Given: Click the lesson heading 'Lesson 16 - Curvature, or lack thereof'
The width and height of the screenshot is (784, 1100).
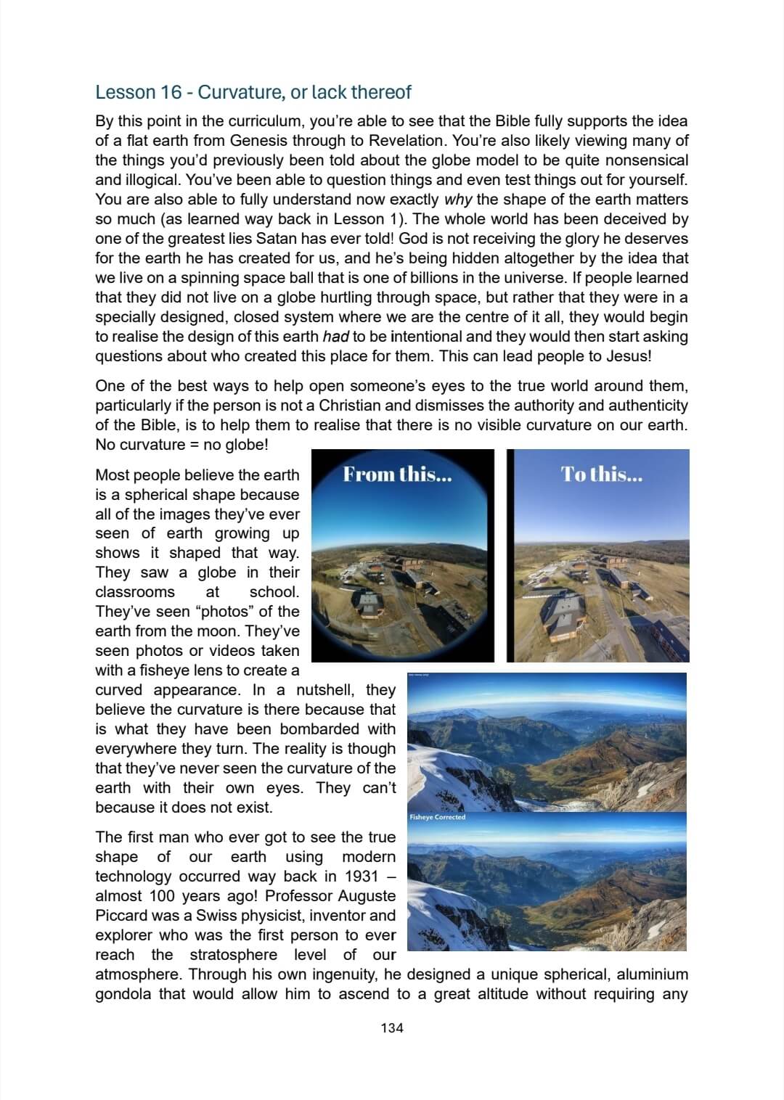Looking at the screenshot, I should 253,92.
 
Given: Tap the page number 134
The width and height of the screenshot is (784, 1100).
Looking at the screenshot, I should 391,1027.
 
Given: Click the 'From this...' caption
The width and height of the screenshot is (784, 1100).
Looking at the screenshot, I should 397,475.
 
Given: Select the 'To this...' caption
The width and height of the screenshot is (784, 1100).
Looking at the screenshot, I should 601,475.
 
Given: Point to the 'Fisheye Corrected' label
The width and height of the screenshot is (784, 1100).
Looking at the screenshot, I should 437,817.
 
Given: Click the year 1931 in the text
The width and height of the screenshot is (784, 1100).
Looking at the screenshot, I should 362,877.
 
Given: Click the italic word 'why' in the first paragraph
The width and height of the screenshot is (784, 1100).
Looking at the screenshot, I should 457,200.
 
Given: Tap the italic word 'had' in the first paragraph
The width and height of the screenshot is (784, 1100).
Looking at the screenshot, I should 335,337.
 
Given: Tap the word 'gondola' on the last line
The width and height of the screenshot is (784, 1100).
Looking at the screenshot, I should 123,994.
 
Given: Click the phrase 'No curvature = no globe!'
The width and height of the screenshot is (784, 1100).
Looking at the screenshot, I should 181,445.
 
